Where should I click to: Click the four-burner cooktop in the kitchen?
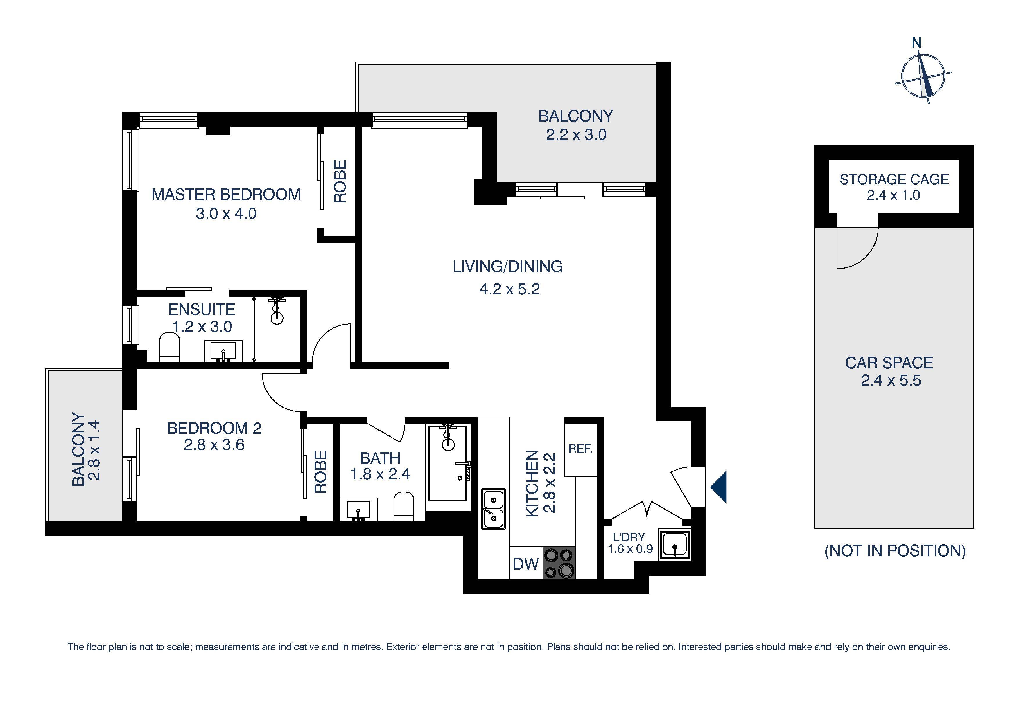pyautogui.click(x=559, y=563)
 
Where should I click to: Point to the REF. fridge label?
pyautogui.click(x=580, y=449)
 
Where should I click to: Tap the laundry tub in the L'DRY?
pyautogui.click(x=674, y=545)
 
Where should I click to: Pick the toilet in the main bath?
pyautogui.click(x=404, y=506)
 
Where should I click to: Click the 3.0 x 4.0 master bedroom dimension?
pyautogui.click(x=226, y=214)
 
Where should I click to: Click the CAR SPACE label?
pyautogui.click(x=889, y=363)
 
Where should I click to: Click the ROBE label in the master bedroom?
pyautogui.click(x=340, y=181)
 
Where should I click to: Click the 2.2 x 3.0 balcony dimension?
pyautogui.click(x=576, y=134)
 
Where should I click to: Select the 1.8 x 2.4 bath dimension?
pyautogui.click(x=380, y=474)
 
